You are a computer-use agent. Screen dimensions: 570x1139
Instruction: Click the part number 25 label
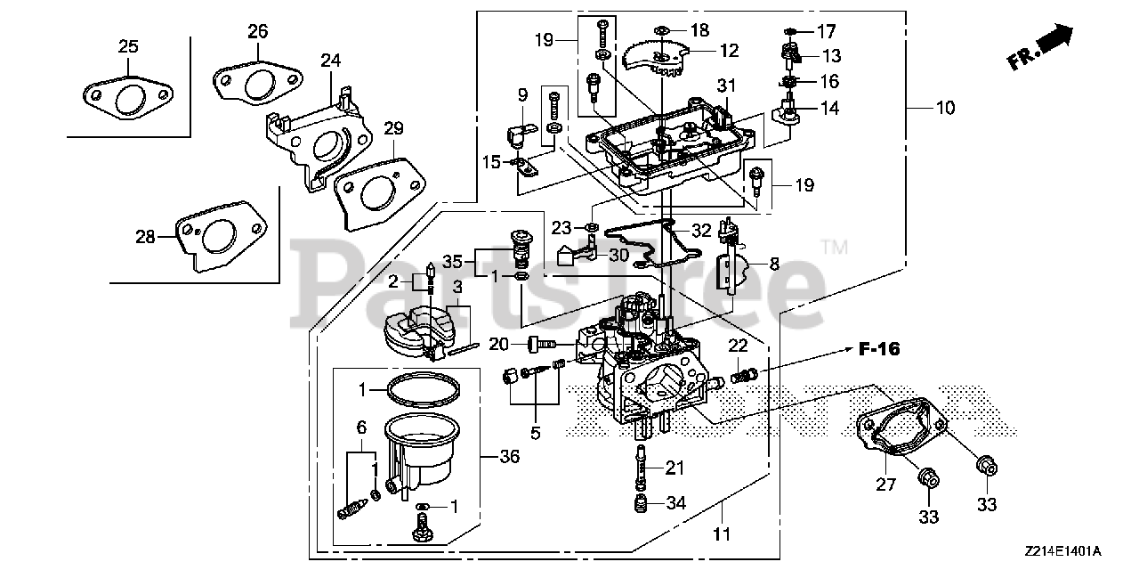click(128, 45)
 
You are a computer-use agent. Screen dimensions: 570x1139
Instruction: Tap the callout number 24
click(331, 61)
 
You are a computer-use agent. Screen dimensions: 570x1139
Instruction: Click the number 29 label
click(393, 128)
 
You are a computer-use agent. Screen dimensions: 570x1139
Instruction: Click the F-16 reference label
click(878, 349)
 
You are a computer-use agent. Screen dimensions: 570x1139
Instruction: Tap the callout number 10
click(944, 108)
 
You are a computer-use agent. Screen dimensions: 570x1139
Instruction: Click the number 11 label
click(722, 534)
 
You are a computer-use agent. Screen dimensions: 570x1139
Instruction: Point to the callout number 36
click(510, 456)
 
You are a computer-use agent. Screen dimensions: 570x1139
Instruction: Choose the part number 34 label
click(676, 503)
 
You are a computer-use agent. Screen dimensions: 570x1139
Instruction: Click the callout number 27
click(886, 485)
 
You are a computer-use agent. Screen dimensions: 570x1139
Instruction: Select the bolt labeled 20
click(541, 343)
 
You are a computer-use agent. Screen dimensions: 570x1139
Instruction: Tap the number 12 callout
click(729, 51)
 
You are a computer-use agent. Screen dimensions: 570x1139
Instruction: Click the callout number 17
click(827, 29)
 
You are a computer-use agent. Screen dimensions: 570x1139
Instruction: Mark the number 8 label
click(774, 264)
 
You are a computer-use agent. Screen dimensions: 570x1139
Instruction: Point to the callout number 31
click(728, 85)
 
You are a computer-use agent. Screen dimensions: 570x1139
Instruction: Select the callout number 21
click(675, 468)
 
